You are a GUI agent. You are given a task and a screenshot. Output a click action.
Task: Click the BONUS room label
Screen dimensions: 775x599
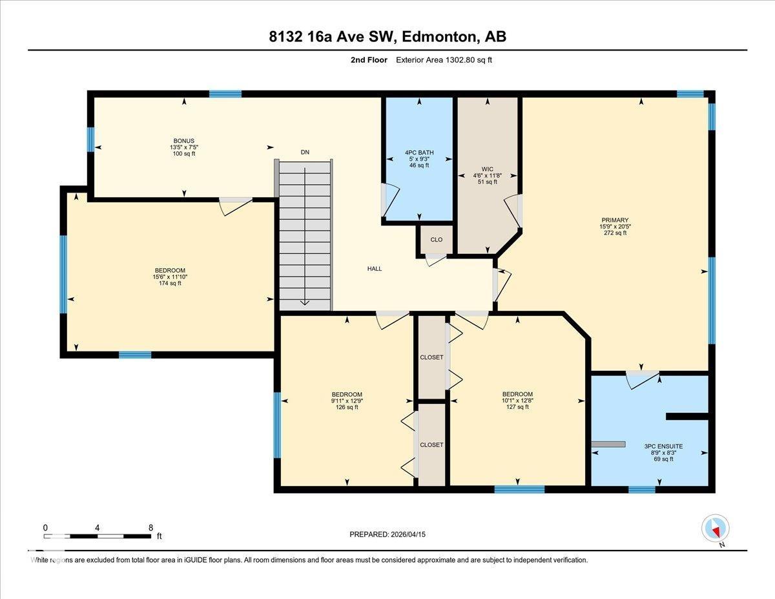(183, 141)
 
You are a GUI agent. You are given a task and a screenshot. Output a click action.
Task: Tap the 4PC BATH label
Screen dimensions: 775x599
(419, 152)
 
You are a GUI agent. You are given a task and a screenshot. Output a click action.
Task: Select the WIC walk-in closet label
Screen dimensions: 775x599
(487, 169)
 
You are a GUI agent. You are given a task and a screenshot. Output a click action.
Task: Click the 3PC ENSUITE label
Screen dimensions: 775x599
(663, 447)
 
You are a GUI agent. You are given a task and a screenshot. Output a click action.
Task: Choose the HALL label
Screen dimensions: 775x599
(375, 269)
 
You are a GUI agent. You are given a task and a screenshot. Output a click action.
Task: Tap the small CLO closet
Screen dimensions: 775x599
(436, 240)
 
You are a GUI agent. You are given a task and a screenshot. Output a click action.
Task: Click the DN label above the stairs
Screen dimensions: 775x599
(305, 152)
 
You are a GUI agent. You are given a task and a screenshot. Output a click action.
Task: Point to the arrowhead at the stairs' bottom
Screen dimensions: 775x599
(305, 303)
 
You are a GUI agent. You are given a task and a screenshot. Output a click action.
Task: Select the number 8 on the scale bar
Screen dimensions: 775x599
(151, 528)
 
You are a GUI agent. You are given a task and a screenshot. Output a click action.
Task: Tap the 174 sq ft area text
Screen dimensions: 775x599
(170, 283)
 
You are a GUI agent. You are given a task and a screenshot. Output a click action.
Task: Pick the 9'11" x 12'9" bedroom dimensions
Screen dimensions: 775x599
(347, 401)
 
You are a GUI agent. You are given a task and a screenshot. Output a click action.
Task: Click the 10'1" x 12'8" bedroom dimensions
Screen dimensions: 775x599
(517, 400)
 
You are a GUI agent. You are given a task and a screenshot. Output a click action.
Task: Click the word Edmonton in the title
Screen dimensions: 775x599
(439, 37)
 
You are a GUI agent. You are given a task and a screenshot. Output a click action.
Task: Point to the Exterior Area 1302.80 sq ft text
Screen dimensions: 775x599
(444, 60)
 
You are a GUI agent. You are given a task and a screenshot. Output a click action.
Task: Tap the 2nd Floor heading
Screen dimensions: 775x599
(369, 60)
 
